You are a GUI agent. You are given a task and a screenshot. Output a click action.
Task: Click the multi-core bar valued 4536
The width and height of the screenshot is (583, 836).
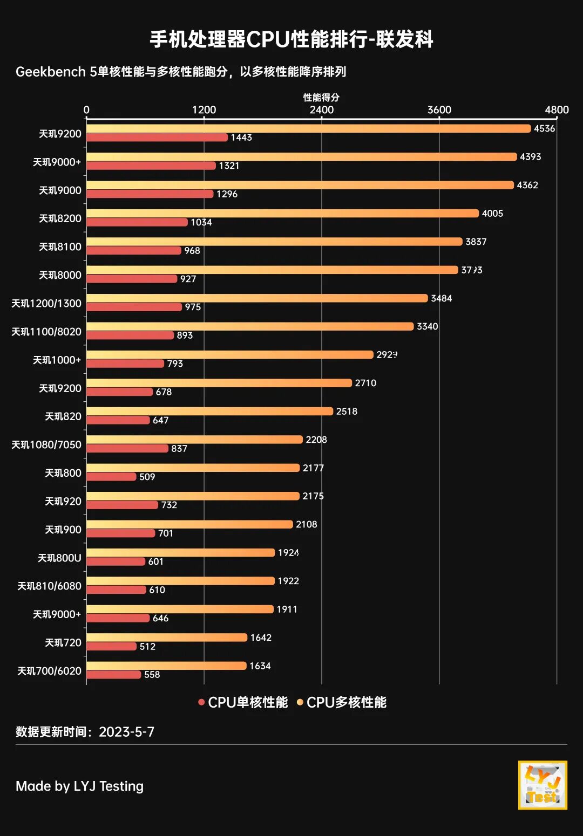click(x=308, y=128)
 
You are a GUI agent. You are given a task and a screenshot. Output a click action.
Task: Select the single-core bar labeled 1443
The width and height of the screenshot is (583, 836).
click(x=157, y=138)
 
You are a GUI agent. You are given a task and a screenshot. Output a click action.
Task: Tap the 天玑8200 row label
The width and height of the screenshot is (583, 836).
click(x=60, y=218)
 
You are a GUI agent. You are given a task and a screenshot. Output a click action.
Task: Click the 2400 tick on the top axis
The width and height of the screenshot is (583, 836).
click(x=322, y=110)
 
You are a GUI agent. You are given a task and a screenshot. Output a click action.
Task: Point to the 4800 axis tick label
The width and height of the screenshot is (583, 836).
click(x=557, y=110)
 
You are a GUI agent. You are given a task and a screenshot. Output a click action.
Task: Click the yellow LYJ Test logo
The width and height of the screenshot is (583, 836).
click(x=543, y=785)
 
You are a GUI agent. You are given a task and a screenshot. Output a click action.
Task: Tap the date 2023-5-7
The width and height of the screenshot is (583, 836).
click(x=126, y=732)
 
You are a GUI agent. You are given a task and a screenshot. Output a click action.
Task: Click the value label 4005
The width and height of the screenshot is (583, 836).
click(x=492, y=214)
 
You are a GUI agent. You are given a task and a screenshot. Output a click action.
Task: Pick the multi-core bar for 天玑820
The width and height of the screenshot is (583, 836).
click(x=209, y=411)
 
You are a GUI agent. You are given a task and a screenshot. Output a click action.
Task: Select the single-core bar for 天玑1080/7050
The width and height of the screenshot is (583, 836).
click(x=127, y=449)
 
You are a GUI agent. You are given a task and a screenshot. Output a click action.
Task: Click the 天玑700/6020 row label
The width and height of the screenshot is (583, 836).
click(x=49, y=671)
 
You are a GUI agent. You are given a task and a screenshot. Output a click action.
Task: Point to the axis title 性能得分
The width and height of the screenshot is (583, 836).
click(x=321, y=98)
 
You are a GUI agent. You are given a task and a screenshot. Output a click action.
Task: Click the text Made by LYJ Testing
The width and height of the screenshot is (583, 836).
click(x=79, y=786)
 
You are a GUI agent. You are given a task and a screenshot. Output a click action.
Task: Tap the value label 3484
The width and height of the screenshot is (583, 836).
click(x=441, y=298)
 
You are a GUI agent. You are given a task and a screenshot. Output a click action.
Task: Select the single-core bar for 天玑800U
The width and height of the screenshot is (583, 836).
click(x=116, y=561)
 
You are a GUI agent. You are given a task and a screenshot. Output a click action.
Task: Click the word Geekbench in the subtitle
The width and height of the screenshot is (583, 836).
click(x=51, y=72)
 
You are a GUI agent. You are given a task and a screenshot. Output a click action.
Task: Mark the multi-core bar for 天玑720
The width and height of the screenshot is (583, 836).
click(x=166, y=638)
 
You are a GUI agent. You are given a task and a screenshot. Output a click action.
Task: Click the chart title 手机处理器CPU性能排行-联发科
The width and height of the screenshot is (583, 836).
click(x=291, y=39)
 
